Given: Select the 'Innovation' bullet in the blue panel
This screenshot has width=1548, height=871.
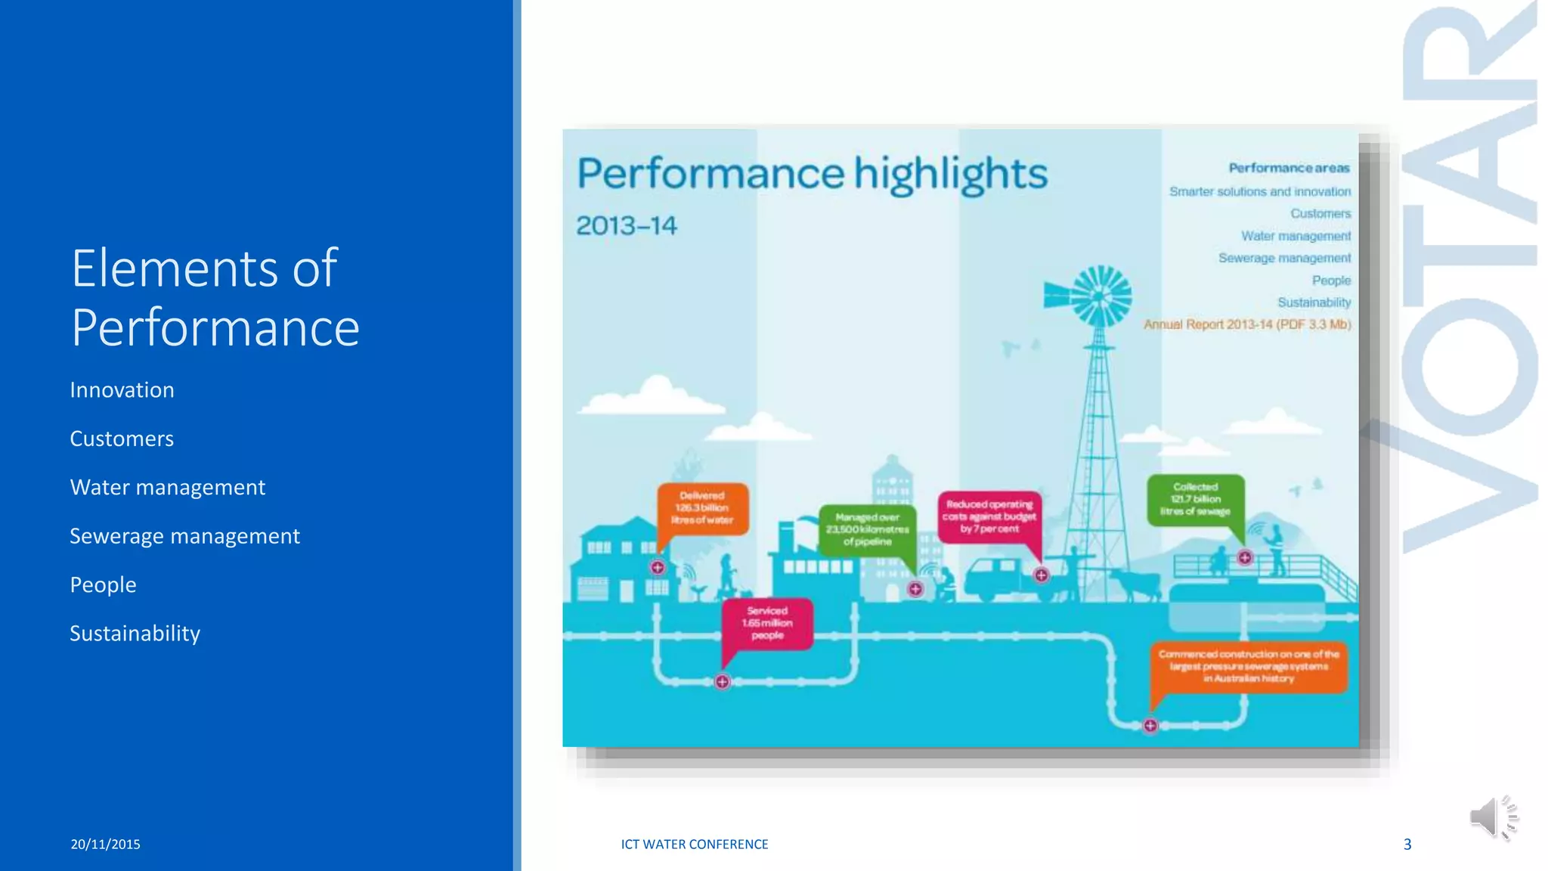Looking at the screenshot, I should point(122,390).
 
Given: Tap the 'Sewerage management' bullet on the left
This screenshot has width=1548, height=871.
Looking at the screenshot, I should point(184,536).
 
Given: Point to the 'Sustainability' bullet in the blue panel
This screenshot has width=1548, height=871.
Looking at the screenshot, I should point(135,634).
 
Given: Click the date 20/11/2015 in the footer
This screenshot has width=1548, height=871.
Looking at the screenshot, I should point(105,845).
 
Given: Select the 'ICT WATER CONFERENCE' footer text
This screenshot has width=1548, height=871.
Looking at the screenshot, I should point(694,845).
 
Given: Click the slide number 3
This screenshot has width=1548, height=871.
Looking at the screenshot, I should point(1407,845).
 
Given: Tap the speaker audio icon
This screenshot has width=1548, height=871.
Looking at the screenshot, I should point(1493,817).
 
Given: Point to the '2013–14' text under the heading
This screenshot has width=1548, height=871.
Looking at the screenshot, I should point(627,226).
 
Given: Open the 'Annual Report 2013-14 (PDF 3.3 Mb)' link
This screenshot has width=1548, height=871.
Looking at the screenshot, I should point(1246,324).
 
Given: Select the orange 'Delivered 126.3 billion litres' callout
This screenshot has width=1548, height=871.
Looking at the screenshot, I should point(702,508).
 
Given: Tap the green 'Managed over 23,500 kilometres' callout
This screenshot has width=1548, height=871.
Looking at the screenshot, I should point(867,529).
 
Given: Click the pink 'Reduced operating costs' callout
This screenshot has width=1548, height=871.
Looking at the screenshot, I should point(989,516).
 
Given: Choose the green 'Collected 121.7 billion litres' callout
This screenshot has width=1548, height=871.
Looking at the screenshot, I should point(1195,499).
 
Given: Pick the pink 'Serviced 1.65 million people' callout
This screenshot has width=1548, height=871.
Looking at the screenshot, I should point(767,623).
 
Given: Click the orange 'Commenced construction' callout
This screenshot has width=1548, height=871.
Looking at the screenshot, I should point(1248,666).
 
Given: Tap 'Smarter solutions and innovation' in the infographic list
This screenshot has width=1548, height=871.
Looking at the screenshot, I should point(1259,192).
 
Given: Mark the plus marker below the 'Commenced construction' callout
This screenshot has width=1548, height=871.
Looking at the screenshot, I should point(1150,726).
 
